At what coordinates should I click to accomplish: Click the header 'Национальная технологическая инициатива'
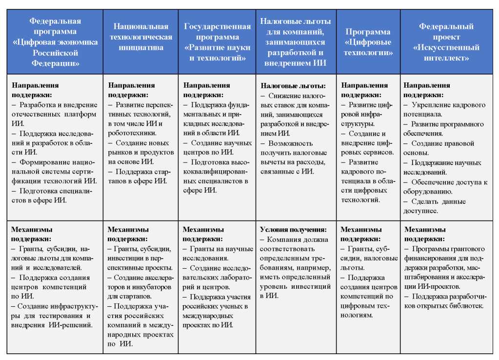[140, 37]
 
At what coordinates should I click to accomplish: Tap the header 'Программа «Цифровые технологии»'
[368, 42]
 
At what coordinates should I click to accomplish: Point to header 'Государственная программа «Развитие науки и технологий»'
[217, 42]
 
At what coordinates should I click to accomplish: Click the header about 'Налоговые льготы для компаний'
[296, 42]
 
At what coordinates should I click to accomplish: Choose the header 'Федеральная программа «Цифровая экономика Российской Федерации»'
[55, 42]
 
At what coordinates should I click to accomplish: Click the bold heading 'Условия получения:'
[293, 230]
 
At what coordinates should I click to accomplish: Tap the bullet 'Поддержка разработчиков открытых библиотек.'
[444, 301]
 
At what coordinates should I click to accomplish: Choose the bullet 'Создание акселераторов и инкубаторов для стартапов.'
[140, 286]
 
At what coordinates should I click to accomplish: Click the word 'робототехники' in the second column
[131, 133]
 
